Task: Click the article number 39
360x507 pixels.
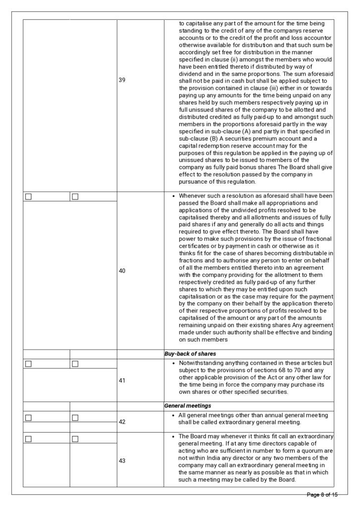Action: (122, 80)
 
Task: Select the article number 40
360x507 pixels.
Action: (122, 271)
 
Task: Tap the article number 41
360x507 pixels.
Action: (122, 381)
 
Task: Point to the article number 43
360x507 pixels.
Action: (122, 460)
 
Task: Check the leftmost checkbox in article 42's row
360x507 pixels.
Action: (28, 417)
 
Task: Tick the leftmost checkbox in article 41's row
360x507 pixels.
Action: (28, 364)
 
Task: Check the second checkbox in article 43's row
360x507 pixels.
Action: (75, 439)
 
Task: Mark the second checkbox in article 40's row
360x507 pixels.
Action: (75, 197)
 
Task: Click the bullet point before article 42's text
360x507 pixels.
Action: (172, 415)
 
